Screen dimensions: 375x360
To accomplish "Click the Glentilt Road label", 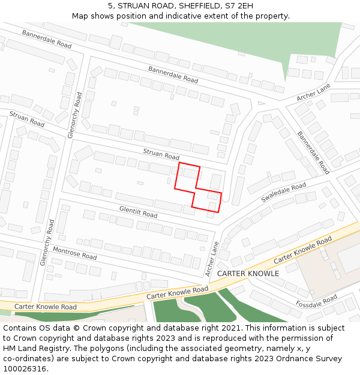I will (x=138, y=212).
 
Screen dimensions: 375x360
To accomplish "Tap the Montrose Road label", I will (x=74, y=253).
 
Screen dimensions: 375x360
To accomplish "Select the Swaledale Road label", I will (x=283, y=193).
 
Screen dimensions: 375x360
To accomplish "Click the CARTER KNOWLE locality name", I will (x=248, y=274).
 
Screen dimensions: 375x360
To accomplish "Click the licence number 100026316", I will (x=25, y=368).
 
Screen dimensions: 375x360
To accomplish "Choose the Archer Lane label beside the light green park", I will (x=313, y=92).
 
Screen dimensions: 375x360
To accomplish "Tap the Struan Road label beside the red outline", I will (x=161, y=154).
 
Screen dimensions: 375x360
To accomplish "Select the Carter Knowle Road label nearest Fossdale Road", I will (x=302, y=251).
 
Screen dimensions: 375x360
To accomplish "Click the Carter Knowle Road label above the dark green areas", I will (x=178, y=293).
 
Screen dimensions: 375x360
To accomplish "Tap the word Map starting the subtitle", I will (x=80, y=16).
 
